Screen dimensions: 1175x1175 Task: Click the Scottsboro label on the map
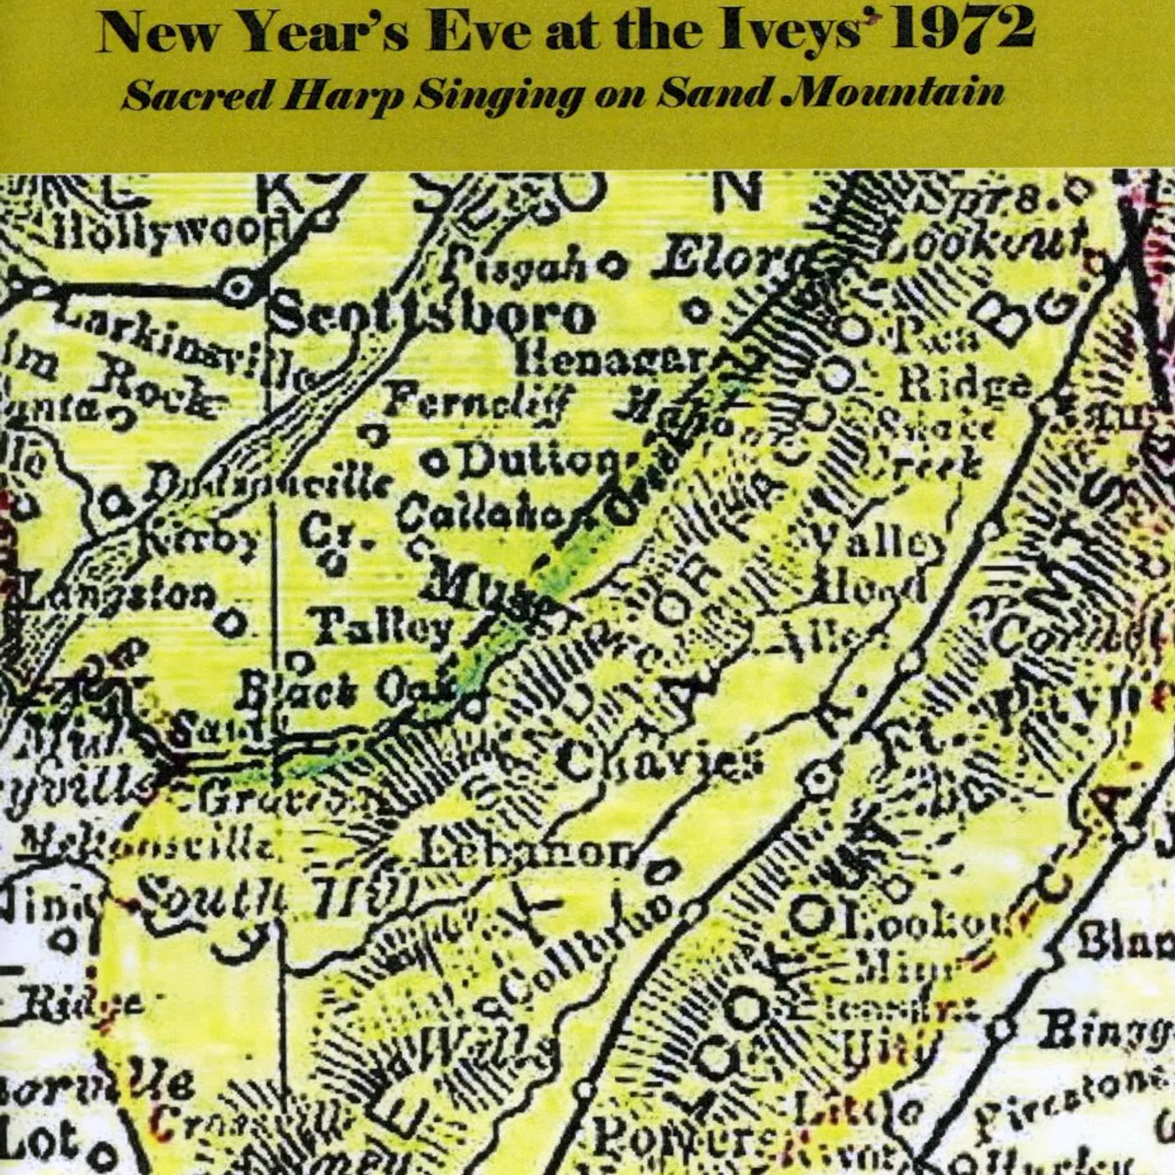click(x=432, y=316)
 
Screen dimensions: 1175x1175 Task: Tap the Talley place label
click(x=382, y=625)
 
